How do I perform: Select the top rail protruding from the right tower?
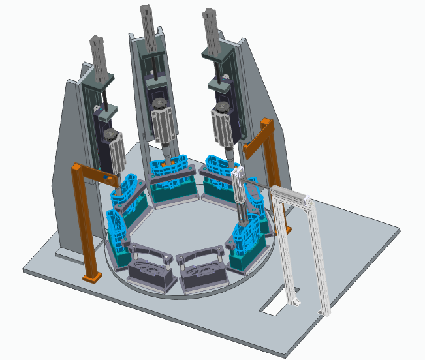tap(211, 29)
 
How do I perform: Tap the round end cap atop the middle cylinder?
tap(159, 104)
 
